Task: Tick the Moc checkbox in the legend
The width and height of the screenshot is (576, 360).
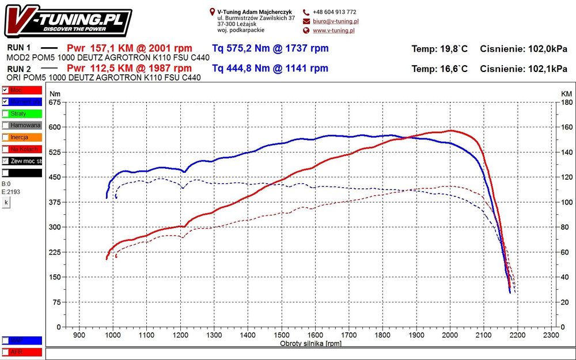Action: (5, 90)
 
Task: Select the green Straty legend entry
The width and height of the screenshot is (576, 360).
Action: (22, 113)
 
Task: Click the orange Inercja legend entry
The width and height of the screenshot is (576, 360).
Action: (22, 137)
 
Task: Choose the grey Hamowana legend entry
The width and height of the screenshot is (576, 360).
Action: (22, 125)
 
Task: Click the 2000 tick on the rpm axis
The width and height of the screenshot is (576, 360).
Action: (450, 335)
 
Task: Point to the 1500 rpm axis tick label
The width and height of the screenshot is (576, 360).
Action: (281, 335)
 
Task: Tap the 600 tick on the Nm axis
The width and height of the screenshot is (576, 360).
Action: (55, 127)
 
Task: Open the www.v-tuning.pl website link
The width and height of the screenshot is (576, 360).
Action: (334, 31)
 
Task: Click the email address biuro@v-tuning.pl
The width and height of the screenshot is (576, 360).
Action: (334, 21)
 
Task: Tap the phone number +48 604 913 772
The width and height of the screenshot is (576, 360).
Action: (335, 12)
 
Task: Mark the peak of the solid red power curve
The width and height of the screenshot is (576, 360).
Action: (451, 131)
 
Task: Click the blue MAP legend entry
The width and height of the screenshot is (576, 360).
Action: (22, 340)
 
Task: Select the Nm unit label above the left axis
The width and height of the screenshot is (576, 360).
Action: (55, 93)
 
